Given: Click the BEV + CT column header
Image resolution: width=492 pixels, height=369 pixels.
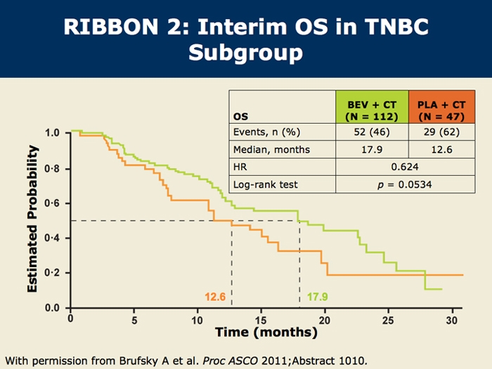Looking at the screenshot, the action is click(x=372, y=107).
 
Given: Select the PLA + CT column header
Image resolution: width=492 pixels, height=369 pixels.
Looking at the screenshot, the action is click(x=441, y=107).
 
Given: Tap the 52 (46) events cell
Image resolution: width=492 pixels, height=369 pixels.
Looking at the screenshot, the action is click(x=372, y=132).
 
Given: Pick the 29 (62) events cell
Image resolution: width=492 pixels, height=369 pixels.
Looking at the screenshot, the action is click(x=441, y=132).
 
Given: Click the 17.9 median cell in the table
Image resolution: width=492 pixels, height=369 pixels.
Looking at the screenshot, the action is click(x=372, y=149).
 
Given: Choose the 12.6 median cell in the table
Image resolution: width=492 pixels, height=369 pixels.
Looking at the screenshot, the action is click(x=441, y=149).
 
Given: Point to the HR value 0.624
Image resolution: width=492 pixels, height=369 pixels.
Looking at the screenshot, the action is click(x=405, y=167).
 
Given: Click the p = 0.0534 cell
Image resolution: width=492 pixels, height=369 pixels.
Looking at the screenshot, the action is click(x=405, y=184).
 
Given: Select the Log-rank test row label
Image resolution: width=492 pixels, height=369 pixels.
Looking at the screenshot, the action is click(x=266, y=184).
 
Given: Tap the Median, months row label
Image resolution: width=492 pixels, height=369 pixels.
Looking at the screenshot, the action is click(x=271, y=150).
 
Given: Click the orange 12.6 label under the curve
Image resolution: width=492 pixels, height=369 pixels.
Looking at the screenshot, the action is click(x=215, y=297).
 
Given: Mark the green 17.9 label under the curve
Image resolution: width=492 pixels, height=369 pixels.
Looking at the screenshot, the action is click(x=317, y=297).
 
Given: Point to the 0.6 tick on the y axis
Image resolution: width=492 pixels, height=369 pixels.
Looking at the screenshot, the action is click(x=52, y=204).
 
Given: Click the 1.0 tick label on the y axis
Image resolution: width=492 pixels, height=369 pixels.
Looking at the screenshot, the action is click(x=52, y=133).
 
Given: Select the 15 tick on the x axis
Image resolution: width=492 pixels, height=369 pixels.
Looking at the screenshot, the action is click(x=261, y=320).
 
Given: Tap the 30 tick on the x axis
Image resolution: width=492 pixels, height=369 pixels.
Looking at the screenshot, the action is click(x=452, y=320).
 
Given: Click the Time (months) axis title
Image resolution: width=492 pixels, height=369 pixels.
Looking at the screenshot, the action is click(x=266, y=332).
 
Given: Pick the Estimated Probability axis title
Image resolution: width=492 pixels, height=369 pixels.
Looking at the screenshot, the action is click(x=32, y=219).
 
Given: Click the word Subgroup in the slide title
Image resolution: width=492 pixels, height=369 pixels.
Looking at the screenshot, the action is click(x=246, y=53).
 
